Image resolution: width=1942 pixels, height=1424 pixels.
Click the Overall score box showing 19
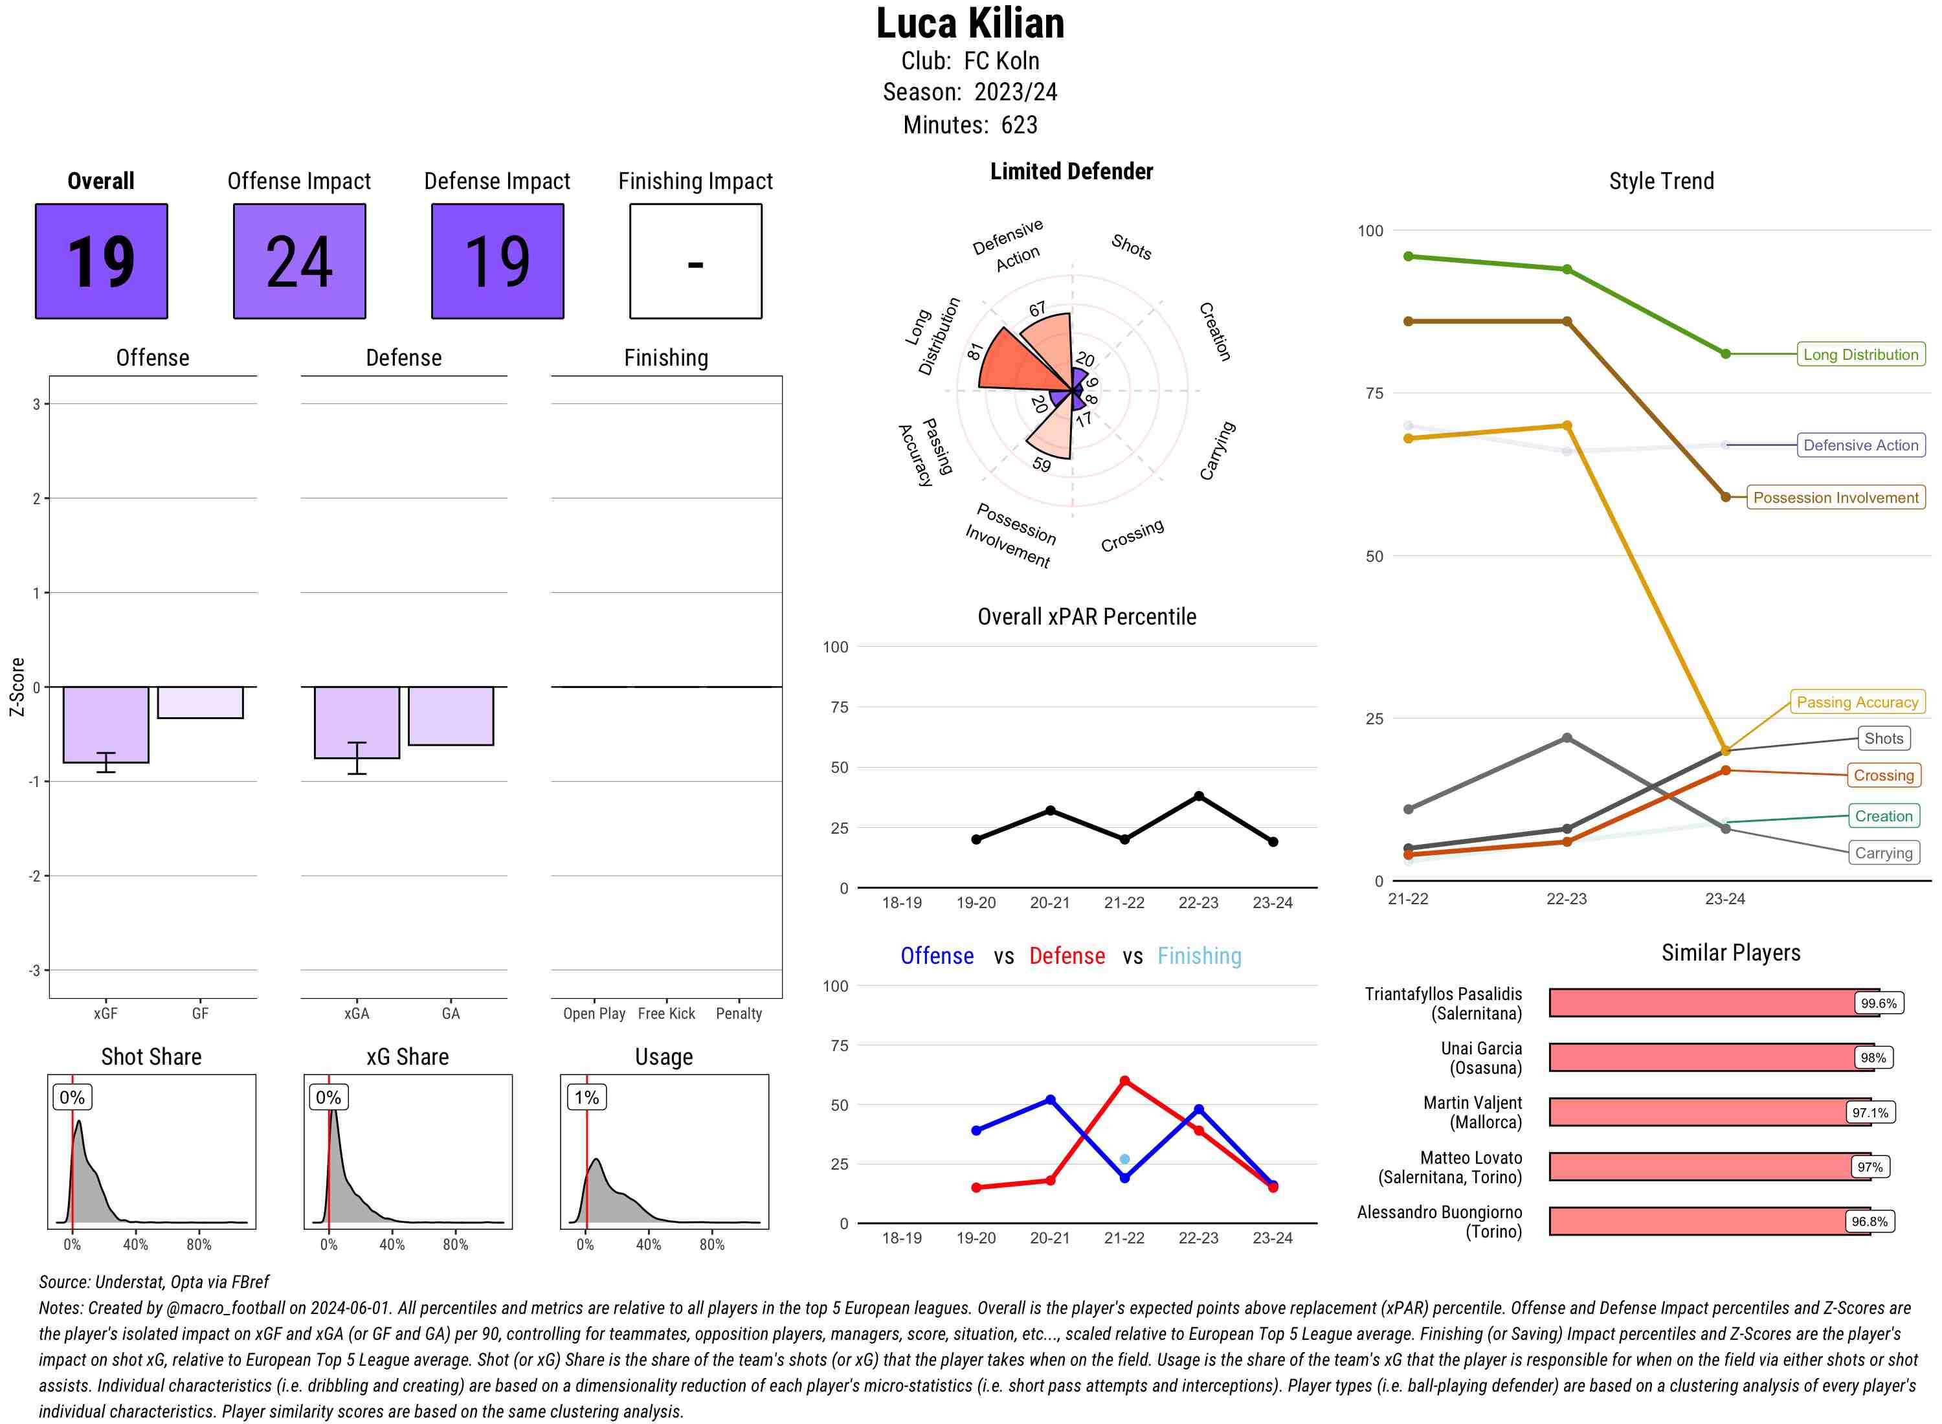click(101, 261)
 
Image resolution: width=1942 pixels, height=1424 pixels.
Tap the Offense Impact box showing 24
click(299, 261)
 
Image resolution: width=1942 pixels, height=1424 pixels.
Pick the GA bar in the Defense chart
click(450, 715)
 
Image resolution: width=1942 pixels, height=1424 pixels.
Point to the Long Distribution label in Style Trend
click(1860, 354)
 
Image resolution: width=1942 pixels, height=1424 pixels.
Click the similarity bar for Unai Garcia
click(1702, 1057)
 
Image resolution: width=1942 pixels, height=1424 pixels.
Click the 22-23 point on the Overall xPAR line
click(1198, 797)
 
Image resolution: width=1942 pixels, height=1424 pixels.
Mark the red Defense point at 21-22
click(1124, 1080)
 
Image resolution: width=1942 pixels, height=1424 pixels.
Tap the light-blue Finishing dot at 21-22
click(1124, 1159)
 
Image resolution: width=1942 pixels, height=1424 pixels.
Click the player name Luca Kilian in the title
click(970, 23)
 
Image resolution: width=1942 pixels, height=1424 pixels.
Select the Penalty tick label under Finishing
click(739, 1014)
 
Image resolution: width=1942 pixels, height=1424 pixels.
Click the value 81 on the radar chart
click(975, 351)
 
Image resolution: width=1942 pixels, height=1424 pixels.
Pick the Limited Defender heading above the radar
click(1071, 172)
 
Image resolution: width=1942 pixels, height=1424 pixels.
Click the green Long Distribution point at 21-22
click(1407, 256)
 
